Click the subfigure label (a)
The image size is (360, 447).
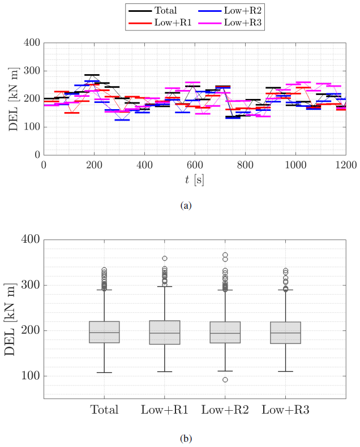[185, 205]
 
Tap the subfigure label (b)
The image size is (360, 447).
[185, 438]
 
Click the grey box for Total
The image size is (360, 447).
[104, 333]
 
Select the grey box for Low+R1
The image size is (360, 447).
[165, 333]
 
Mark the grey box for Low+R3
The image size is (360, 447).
[285, 333]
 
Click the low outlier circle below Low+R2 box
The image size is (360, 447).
[225, 380]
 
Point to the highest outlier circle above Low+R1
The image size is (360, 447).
[165, 259]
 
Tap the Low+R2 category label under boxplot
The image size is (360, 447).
[225, 410]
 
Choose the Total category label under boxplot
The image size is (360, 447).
[104, 410]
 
